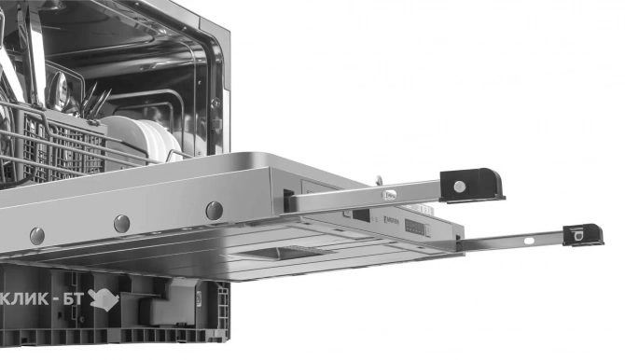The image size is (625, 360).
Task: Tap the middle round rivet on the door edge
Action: pos(122,224)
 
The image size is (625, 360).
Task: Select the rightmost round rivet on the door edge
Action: pos(215,211)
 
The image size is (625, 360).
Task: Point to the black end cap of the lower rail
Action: pos(582,235)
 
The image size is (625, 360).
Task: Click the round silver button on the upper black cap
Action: pos(460,186)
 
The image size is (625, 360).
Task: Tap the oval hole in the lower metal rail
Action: pos(528,241)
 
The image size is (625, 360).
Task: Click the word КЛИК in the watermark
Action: pos(27,298)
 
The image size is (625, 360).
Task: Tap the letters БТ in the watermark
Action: pos(73,298)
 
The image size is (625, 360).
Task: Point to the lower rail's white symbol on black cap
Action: pos(579,236)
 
